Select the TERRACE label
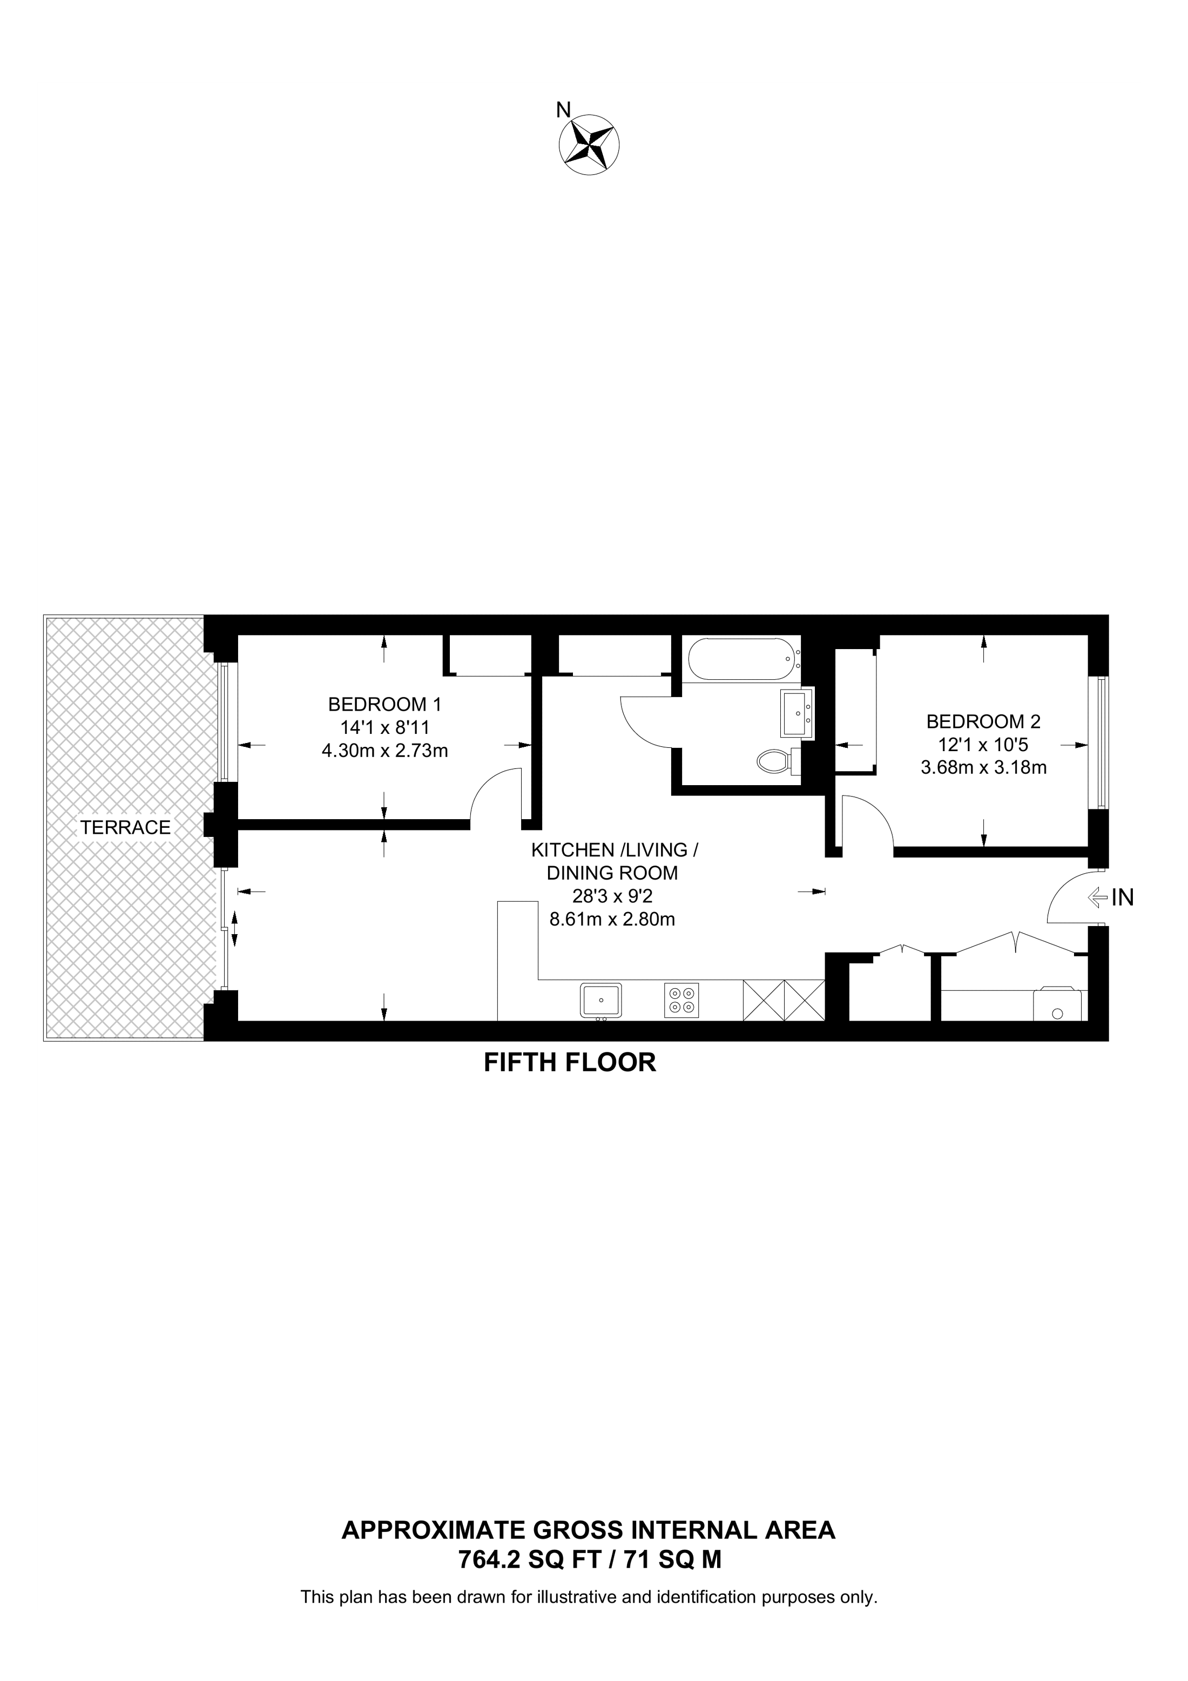coord(125,827)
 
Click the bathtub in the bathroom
coord(741,659)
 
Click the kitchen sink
coord(600,1000)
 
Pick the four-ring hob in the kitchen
coord(681,1000)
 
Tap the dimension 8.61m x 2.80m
coord(612,919)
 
